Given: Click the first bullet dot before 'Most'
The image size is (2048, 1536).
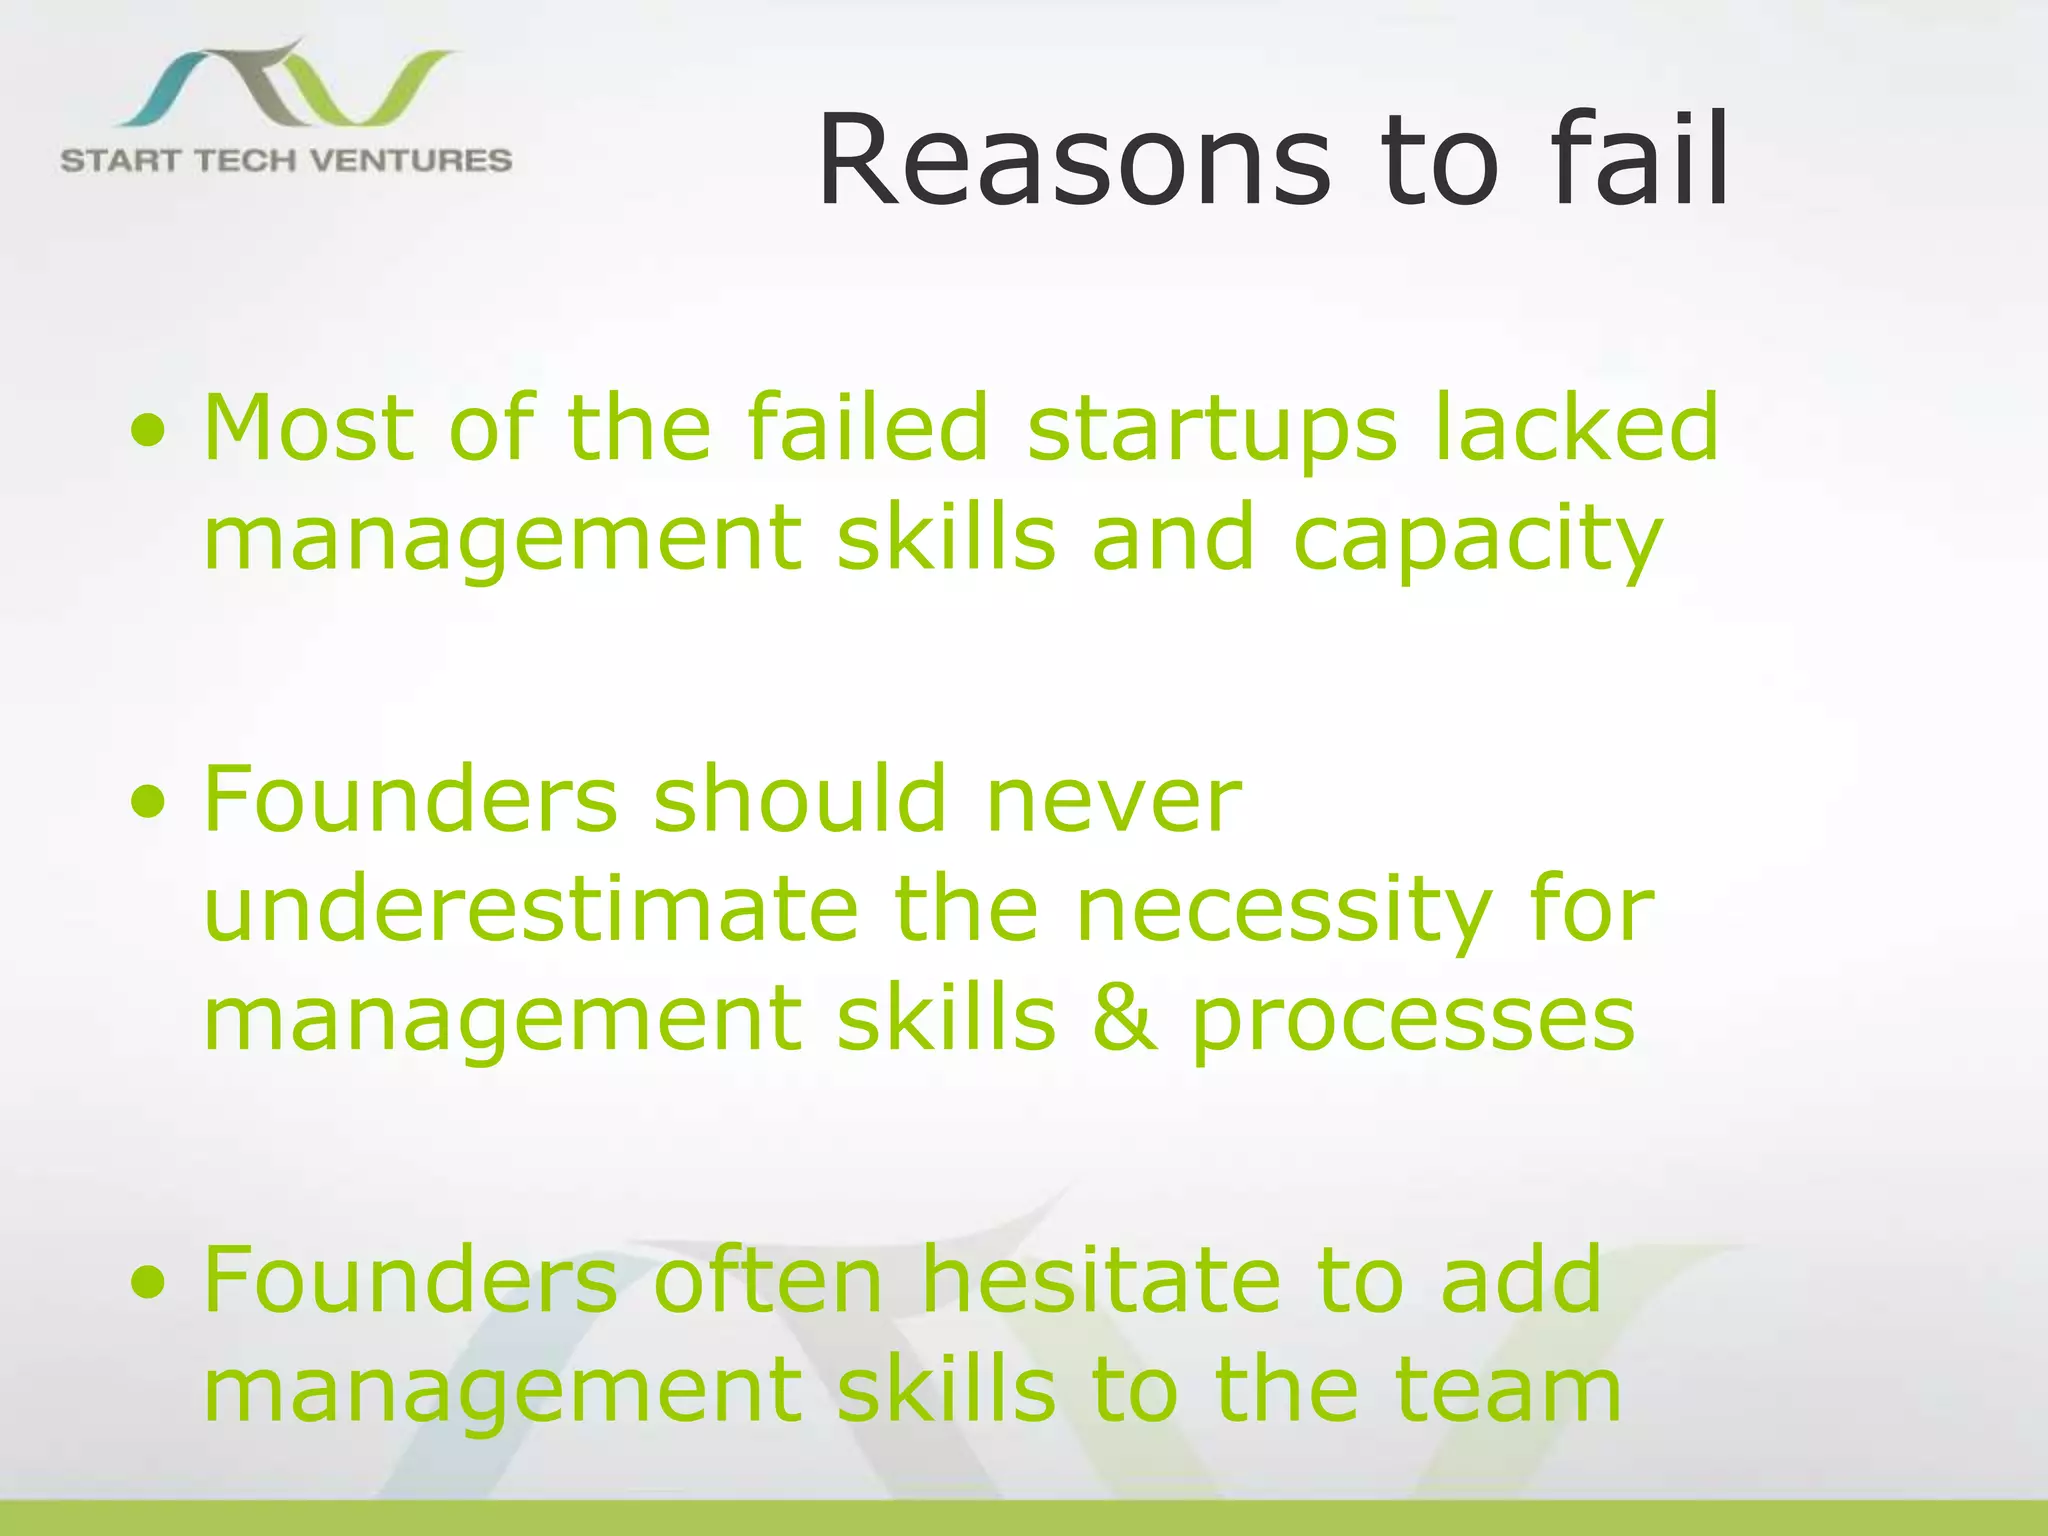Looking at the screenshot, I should point(148,432).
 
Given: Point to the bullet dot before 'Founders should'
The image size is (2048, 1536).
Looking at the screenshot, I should point(148,803).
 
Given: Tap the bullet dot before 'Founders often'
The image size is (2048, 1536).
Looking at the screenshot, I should point(148,1283).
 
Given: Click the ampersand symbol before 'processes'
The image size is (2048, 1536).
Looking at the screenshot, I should point(1124,1019).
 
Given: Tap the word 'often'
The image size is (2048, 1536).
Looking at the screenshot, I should point(768,1280).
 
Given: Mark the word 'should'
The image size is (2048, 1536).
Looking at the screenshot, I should point(799,800).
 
